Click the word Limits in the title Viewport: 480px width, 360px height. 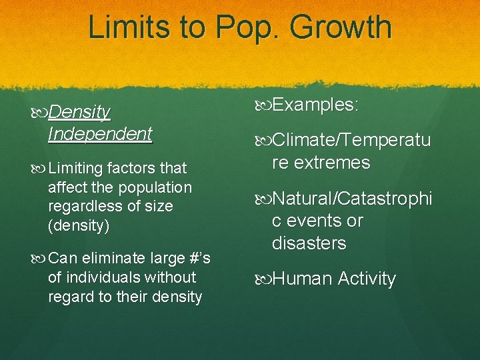click(127, 27)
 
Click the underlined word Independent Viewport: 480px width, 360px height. click(100, 133)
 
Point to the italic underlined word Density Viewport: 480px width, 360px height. click(79, 112)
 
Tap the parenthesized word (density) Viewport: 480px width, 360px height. click(79, 225)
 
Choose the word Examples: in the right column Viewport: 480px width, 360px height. click(315, 105)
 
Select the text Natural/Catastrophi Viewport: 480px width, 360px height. click(352, 198)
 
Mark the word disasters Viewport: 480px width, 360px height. click(309, 243)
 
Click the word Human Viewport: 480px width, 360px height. click(301, 279)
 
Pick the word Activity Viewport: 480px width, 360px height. click(367, 279)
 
